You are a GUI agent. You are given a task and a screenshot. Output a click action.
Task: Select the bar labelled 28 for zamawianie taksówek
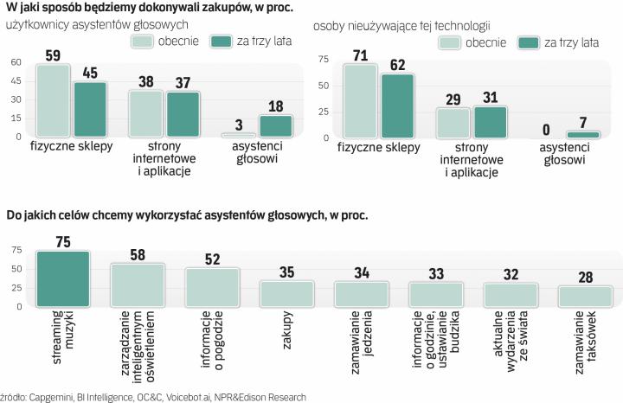tap(584, 296)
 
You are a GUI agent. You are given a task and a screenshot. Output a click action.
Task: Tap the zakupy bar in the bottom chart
tap(286, 293)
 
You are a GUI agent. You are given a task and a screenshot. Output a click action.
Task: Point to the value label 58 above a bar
tap(137, 254)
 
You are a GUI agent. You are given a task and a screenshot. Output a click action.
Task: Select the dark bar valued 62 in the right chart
tap(397, 106)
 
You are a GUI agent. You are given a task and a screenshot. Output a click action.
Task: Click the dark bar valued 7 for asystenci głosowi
tap(582, 134)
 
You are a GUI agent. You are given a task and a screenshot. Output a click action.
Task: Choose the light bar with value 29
tap(453, 123)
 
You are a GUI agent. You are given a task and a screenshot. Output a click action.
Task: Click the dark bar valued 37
tap(183, 114)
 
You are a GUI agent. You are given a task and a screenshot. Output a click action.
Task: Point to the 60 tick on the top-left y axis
tap(16, 62)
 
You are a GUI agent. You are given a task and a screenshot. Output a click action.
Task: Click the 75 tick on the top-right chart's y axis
tap(324, 60)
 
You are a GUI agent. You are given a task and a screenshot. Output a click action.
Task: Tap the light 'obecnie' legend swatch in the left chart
tap(148, 41)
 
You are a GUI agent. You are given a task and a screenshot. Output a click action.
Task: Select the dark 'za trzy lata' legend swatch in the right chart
tap(529, 42)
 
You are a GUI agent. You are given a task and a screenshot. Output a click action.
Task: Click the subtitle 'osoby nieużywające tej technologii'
tap(402, 26)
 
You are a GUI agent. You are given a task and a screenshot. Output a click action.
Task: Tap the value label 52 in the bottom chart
tap(211, 259)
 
